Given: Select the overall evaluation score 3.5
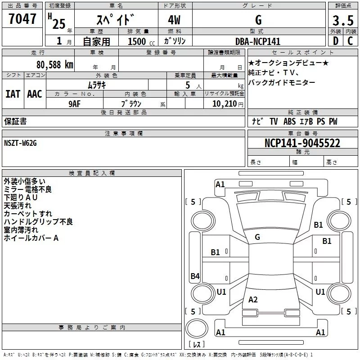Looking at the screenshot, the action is point(342,21).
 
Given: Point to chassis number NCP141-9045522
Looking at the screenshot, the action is point(302,143).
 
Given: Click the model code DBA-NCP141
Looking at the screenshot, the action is point(258,41).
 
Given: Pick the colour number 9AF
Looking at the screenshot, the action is point(75,103).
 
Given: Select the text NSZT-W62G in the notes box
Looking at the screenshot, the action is point(21,143).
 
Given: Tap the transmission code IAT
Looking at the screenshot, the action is point(13,94).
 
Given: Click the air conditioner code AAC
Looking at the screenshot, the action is point(35,94).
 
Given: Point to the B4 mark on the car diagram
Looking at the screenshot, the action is point(195,276).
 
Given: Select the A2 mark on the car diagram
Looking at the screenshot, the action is point(253,300).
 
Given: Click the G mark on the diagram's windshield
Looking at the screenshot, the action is point(257,237).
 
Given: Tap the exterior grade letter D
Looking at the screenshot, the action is point(335,41).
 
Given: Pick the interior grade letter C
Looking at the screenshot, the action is point(350,41).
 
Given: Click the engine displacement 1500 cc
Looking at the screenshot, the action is point(139,41).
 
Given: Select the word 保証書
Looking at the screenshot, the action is point(15,121).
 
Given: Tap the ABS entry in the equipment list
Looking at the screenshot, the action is point(290,121).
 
